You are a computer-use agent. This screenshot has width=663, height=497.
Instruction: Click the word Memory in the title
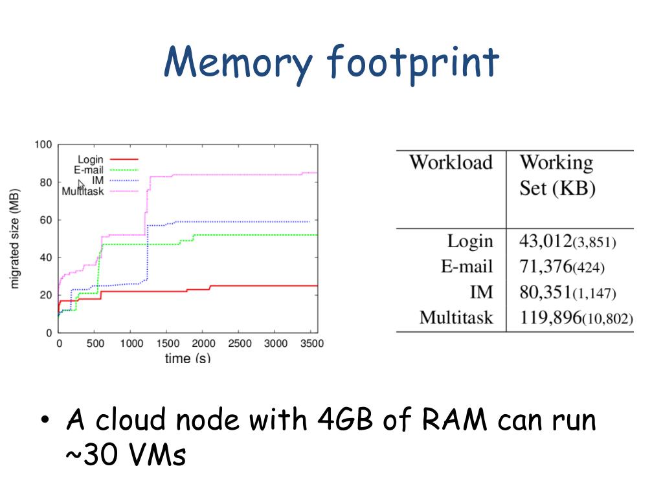(238, 63)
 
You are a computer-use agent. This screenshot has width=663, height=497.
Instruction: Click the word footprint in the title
(413, 63)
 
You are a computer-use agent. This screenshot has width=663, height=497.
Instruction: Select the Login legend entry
(90, 160)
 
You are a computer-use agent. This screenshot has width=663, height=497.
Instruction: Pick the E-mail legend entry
(89, 170)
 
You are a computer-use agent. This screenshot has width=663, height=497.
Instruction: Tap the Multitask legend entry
(82, 191)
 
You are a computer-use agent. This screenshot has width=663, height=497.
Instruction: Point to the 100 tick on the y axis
(43, 144)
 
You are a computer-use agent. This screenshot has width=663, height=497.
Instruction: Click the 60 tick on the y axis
(46, 220)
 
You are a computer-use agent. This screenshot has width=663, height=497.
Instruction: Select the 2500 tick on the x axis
(240, 344)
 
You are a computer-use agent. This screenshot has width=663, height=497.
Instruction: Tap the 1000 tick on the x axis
(131, 344)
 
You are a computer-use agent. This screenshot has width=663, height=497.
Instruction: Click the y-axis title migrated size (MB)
(15, 238)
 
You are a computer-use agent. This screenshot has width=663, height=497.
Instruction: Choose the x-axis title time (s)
(187, 358)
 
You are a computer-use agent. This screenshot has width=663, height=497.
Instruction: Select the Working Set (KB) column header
(557, 175)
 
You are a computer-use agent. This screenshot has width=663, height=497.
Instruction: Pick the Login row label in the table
(469, 241)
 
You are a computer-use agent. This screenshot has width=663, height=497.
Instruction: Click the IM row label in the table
(481, 292)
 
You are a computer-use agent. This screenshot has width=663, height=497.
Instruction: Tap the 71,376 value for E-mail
(546, 267)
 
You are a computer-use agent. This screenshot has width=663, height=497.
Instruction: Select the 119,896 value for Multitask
(551, 318)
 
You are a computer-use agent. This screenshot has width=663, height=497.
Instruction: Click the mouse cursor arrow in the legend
(81, 184)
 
